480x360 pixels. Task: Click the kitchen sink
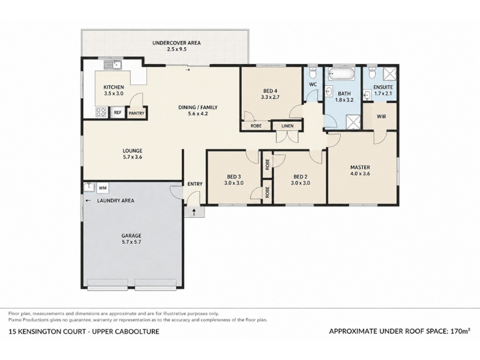click(112, 65)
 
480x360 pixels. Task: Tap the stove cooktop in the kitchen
click(101, 112)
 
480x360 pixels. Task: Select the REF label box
click(118, 113)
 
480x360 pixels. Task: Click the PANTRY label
click(137, 113)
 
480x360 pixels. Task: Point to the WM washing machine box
click(103, 188)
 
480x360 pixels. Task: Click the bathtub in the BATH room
click(341, 73)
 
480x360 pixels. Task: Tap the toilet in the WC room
click(313, 73)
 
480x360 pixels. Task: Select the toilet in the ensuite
click(372, 73)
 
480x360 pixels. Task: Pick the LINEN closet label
click(287, 126)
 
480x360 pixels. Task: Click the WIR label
click(381, 116)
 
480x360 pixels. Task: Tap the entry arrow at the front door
click(194, 212)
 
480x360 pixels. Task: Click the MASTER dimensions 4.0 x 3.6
click(360, 173)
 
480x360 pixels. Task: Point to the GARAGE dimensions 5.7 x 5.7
click(131, 242)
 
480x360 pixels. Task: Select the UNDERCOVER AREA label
click(176, 43)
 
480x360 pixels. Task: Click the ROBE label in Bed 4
click(256, 126)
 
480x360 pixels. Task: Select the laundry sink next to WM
click(89, 187)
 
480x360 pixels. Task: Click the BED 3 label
click(233, 176)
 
